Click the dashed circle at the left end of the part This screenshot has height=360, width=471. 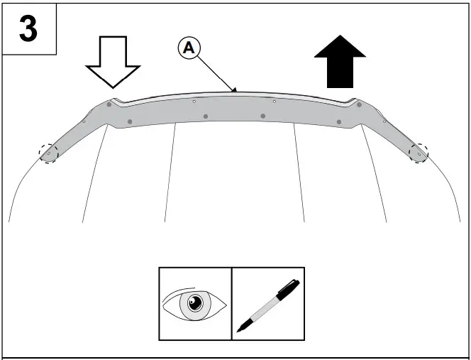(48, 153)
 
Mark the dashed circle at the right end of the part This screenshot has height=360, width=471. (419, 152)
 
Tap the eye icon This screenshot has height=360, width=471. (195, 304)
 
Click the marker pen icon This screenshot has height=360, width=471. (268, 304)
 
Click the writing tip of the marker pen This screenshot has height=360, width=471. (238, 329)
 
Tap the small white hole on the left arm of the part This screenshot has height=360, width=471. (84, 122)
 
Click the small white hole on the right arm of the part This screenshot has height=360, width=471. (384, 121)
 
